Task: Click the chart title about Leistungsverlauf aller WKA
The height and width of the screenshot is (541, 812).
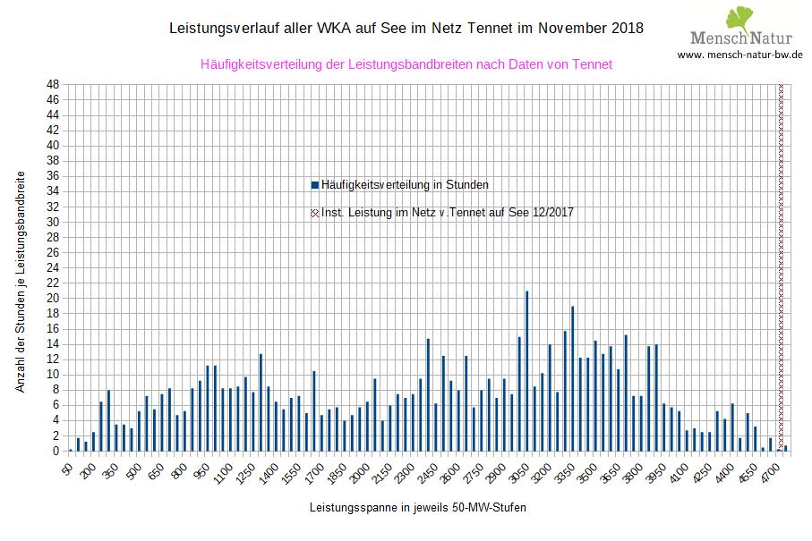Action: (x=406, y=29)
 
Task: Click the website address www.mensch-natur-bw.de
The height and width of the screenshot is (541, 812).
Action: (x=739, y=55)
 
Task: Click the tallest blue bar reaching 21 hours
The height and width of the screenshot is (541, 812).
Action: (x=527, y=370)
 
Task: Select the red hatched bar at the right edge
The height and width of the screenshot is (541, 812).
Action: (x=781, y=268)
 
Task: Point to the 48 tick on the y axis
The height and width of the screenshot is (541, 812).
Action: (x=53, y=85)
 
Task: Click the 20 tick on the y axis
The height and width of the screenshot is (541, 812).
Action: (x=53, y=299)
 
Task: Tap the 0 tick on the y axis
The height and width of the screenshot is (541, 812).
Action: (x=56, y=452)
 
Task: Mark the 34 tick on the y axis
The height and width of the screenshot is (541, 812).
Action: (x=53, y=191)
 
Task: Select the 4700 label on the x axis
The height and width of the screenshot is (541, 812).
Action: (x=770, y=470)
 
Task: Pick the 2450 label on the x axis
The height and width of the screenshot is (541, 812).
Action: (x=428, y=470)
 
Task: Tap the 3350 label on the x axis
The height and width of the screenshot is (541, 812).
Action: (x=565, y=470)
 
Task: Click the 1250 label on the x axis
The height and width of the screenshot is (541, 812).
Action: (x=245, y=470)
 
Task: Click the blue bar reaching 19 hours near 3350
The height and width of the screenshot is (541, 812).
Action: (x=572, y=378)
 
